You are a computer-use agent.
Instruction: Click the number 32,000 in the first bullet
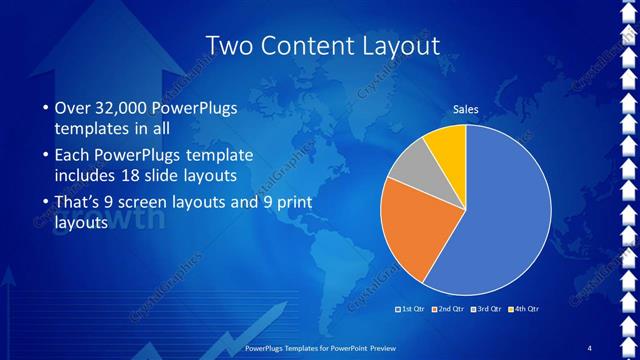pos(115,108)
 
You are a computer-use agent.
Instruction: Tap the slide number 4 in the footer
pos(590,347)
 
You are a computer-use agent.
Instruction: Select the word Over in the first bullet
pos(70,108)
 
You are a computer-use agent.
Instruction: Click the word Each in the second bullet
pos(70,156)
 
